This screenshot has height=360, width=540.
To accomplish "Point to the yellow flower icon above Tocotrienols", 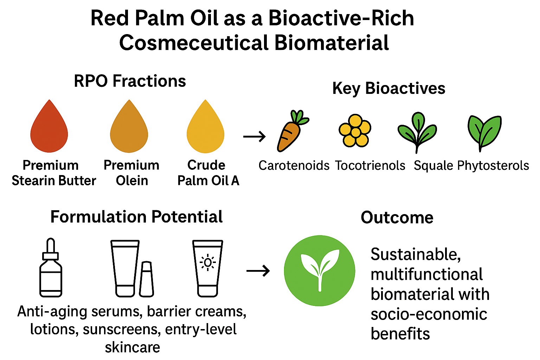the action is [355, 130].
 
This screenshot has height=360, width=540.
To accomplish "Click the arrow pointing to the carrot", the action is [255, 136].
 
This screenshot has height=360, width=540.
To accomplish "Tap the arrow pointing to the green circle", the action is [258, 271].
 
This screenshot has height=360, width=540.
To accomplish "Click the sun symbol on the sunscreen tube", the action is [207, 263].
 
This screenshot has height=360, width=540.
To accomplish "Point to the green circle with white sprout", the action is [320, 270].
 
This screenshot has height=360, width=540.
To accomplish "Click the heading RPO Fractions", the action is [130, 81].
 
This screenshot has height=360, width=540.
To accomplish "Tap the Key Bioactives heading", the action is [388, 88].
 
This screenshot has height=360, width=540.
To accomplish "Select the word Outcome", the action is [397, 218].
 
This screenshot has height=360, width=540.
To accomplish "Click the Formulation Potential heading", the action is [136, 217].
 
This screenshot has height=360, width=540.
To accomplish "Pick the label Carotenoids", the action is [294, 166].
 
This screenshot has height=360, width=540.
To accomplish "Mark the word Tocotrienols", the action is [370, 166].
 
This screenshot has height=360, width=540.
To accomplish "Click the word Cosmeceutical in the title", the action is [194, 43].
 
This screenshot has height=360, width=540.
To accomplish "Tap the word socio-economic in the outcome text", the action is [429, 314].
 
